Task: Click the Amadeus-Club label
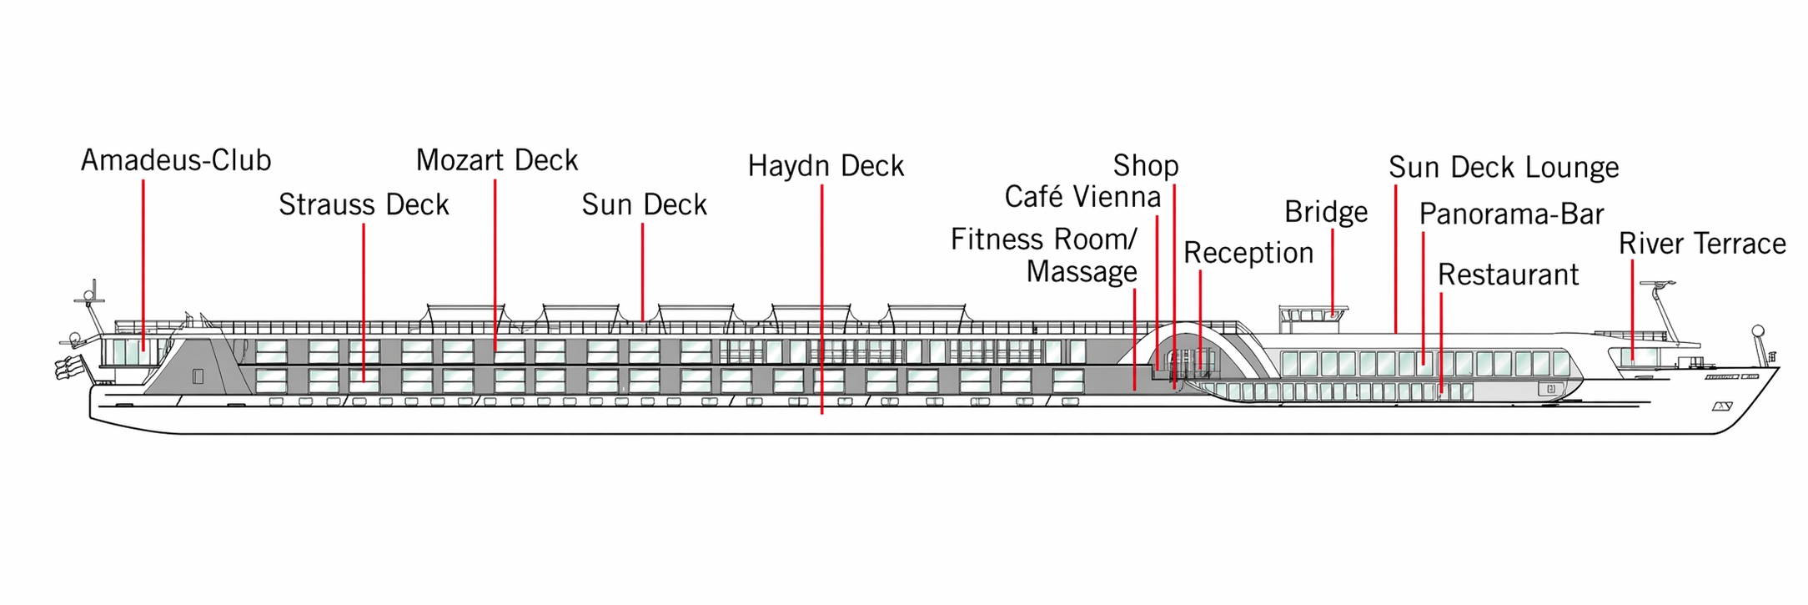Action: tap(176, 160)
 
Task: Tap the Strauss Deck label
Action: tap(364, 204)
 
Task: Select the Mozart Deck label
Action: tap(497, 160)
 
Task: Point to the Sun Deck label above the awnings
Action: tap(644, 204)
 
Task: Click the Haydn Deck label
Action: tap(826, 166)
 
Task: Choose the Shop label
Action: tap(1146, 166)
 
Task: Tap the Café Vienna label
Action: tap(1082, 197)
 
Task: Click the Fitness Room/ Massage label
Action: tap(1044, 255)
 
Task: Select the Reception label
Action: tap(1248, 253)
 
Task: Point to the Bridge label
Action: tap(1326, 212)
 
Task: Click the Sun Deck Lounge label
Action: tap(1504, 168)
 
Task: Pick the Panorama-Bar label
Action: tap(1511, 214)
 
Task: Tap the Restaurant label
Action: tap(1508, 275)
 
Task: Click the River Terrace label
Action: tap(1702, 244)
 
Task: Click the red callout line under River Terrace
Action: tap(1632, 309)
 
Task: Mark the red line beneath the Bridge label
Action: tap(1332, 271)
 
